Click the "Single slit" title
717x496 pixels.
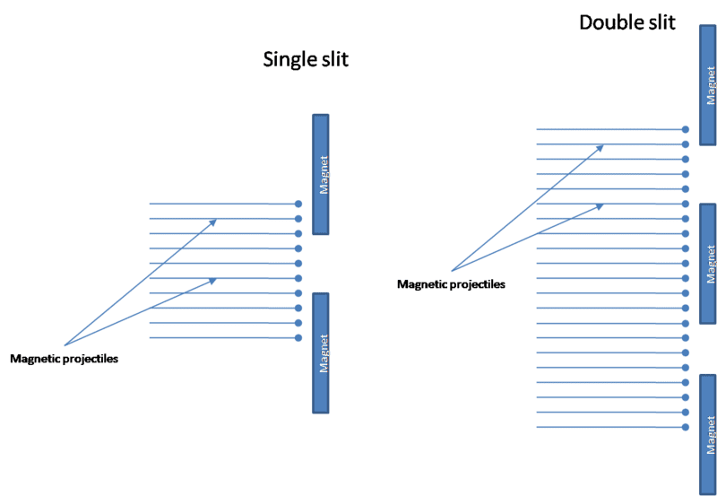point(305,60)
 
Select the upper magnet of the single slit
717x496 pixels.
point(321,174)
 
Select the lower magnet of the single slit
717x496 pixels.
point(321,352)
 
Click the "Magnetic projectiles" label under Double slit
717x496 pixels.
point(451,284)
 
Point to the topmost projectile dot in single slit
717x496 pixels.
point(298,204)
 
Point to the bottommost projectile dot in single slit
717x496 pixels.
point(298,338)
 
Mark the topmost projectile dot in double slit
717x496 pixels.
point(686,129)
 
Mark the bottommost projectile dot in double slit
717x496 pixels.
point(686,427)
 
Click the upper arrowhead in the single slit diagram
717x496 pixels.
point(212,221)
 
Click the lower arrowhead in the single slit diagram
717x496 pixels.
point(212,281)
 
